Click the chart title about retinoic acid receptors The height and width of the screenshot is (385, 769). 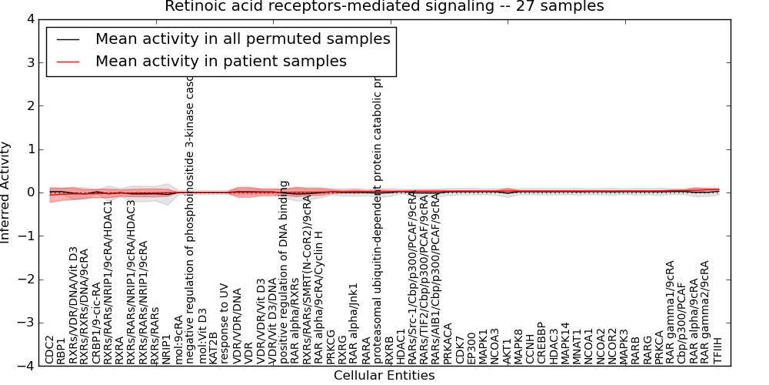click(384, 7)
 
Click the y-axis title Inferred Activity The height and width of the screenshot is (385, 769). click(7, 192)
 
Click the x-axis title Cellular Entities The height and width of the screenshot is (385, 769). click(384, 376)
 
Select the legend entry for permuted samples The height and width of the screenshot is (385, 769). click(243, 38)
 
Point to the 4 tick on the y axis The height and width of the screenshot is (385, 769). click(32, 18)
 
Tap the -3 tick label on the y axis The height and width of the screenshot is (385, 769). click(28, 323)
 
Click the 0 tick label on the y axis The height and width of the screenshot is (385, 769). click(32, 192)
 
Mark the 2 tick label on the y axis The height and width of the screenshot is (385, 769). click(32, 105)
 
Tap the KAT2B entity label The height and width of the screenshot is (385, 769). click(214, 346)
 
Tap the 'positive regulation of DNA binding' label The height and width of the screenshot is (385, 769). click(284, 272)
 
